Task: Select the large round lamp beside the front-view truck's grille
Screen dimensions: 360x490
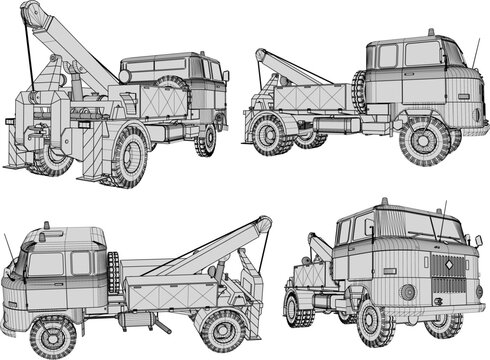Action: click(408, 291)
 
